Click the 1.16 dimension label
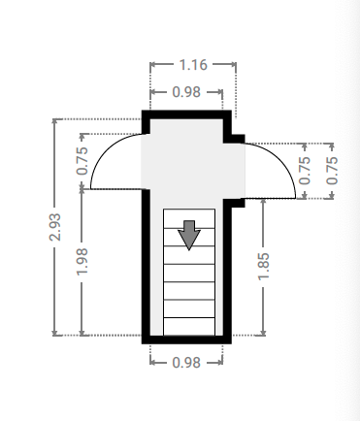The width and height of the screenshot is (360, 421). pos(193,65)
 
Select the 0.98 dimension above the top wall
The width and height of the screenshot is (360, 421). pos(186,92)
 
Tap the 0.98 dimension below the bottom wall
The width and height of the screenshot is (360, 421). pos(186,363)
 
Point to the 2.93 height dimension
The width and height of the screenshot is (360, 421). pos(54,227)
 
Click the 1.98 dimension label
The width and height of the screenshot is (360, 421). pos(82,262)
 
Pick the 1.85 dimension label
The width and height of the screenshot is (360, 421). pos(263,266)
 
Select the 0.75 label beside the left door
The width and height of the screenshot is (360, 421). pos(82,161)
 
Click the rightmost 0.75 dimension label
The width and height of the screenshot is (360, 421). pos(332,171)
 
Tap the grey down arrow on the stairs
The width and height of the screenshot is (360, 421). pos(189,235)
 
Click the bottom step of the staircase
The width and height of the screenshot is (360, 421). pos(189,327)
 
